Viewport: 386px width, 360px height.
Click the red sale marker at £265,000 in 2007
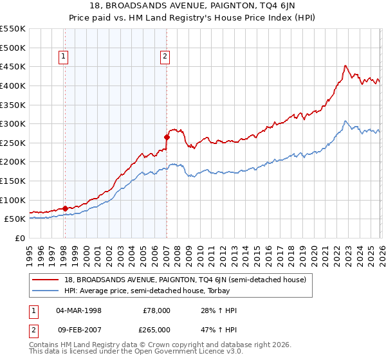pyautogui.click(x=167, y=137)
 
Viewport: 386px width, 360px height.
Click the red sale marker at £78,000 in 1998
pyautogui.click(x=65, y=208)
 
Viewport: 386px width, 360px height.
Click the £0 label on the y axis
pyautogui.click(x=19, y=238)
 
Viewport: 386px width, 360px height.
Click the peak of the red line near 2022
pyautogui.click(x=345, y=66)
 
